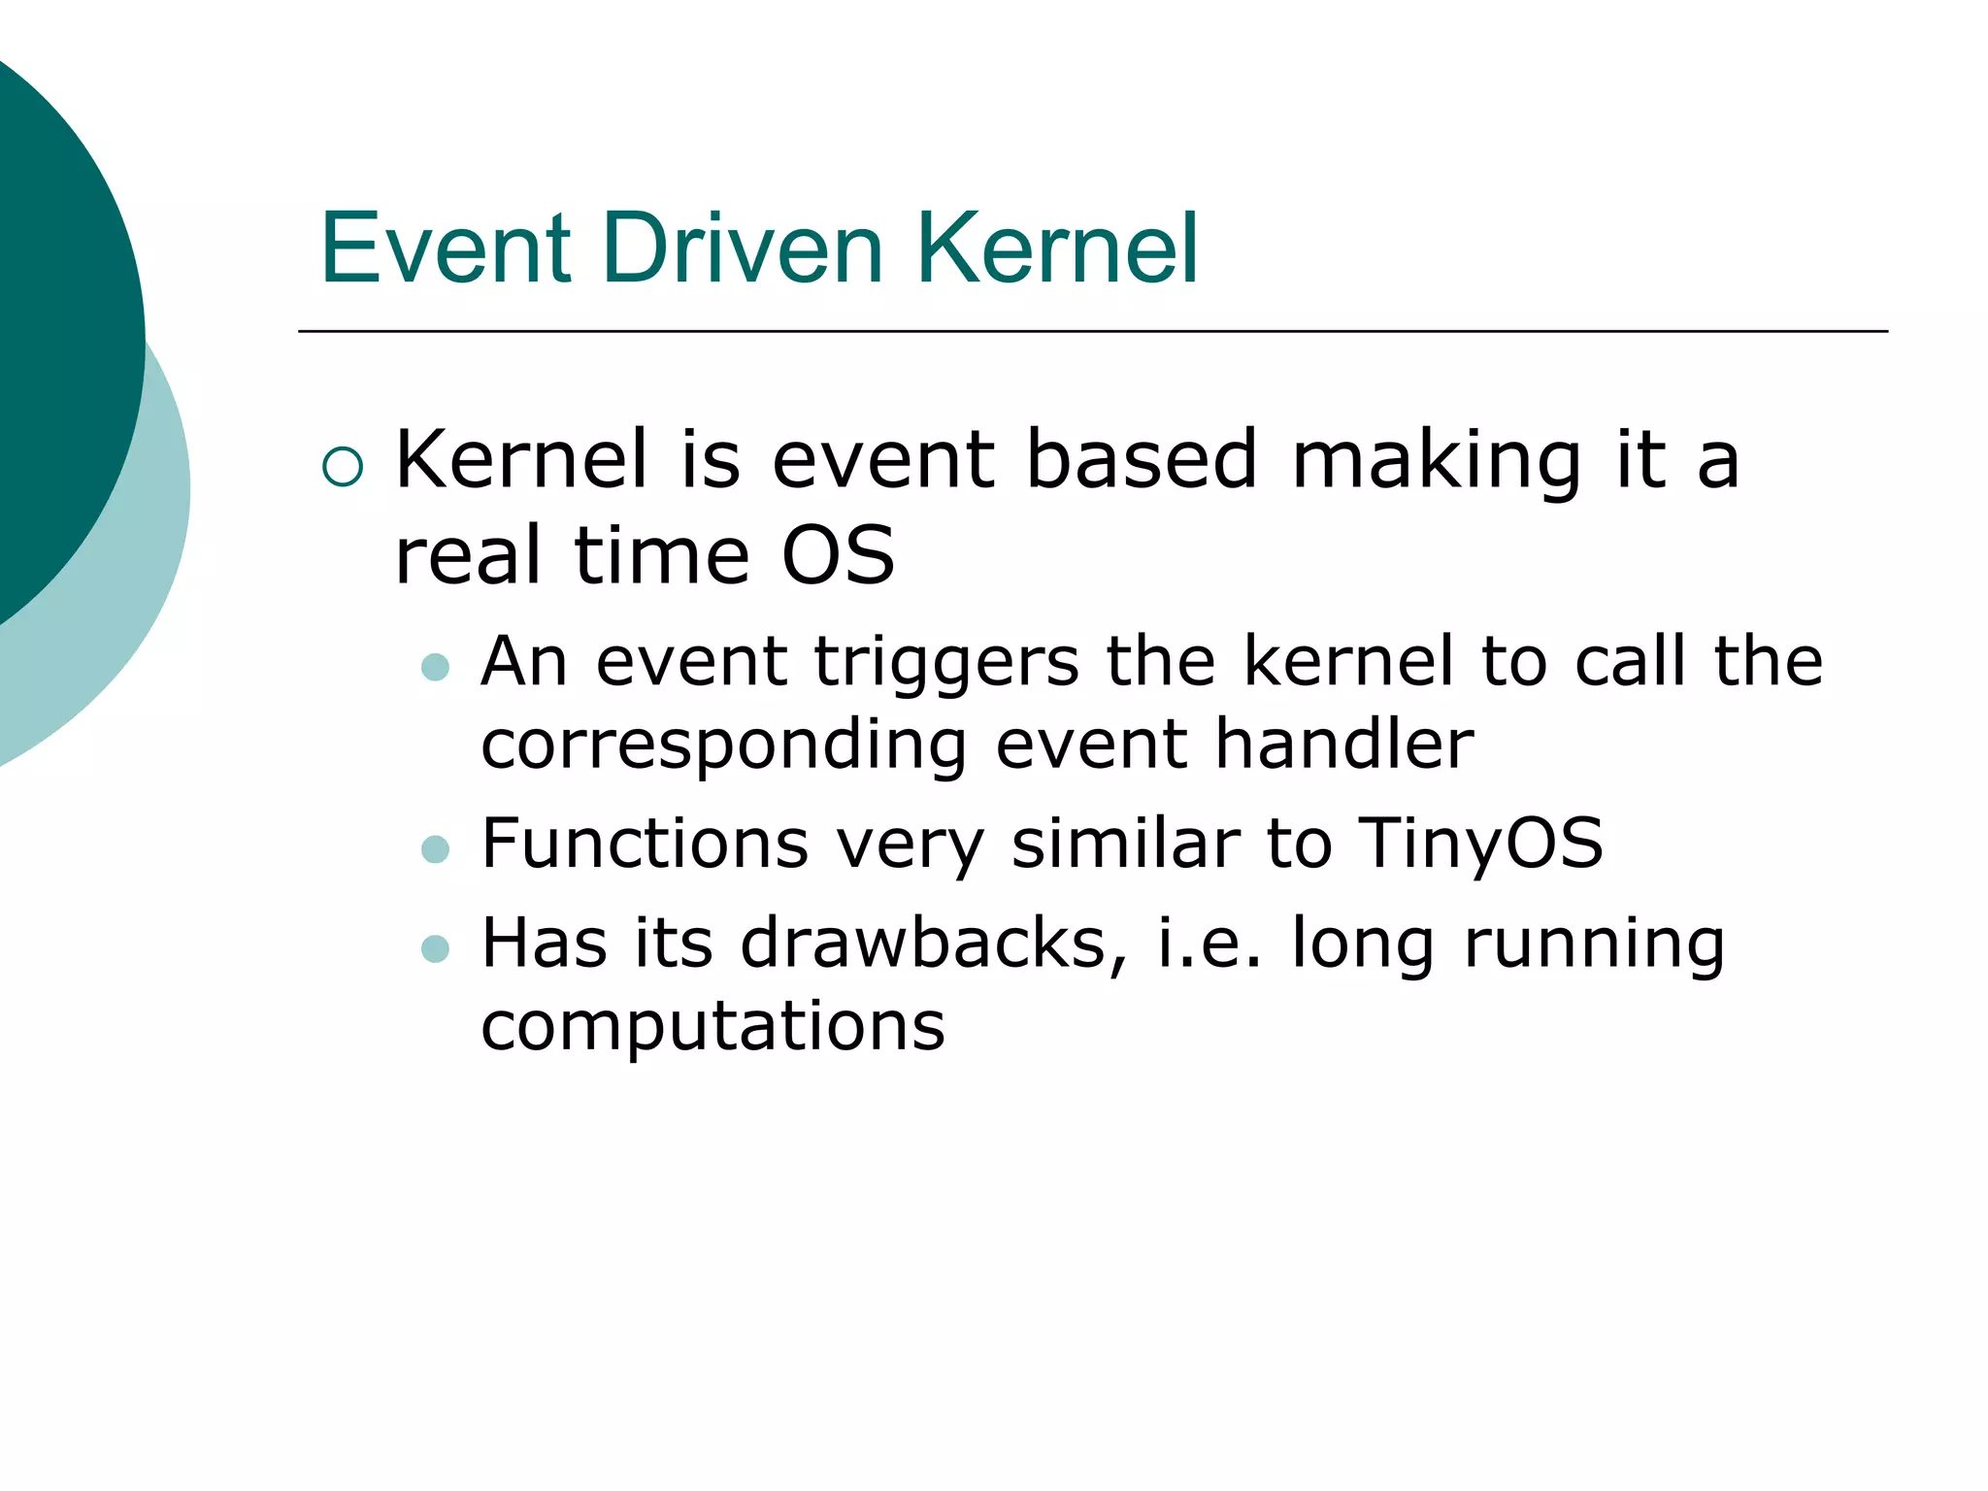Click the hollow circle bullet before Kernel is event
pyautogui.click(x=343, y=467)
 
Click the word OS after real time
pyautogui.click(x=838, y=555)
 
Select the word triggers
pyautogui.click(x=945, y=662)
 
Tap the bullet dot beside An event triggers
pyautogui.click(x=436, y=667)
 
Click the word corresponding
pyautogui.click(x=723, y=745)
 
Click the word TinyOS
pyautogui.click(x=1479, y=843)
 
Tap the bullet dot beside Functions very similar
pyautogui.click(x=436, y=849)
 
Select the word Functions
pyautogui.click(x=645, y=843)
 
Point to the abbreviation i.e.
pyautogui.click(x=1209, y=944)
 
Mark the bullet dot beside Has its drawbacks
pyautogui.click(x=436, y=948)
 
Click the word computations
pyautogui.click(x=712, y=1027)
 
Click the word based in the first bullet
pyautogui.click(x=1142, y=460)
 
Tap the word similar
pyautogui.click(x=1125, y=843)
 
